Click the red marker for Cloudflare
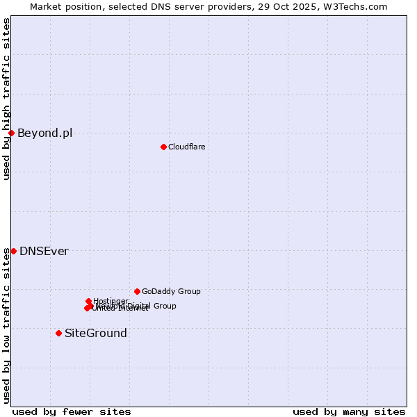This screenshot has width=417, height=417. point(163,147)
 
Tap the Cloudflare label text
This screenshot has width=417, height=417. point(186,147)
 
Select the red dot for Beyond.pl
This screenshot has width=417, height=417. point(11,133)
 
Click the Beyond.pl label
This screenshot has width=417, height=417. point(44,133)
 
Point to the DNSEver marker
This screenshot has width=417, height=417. point(13,251)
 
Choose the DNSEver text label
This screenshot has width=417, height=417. point(44,251)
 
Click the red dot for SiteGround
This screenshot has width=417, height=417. point(58,333)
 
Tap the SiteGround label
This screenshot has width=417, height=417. point(95,333)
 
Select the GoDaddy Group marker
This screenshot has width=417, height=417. point(137,291)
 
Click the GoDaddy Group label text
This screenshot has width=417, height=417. point(171,291)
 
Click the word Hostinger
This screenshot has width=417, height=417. point(111,301)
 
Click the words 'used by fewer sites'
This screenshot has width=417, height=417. point(72,411)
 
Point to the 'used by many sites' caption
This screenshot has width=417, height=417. point(348,411)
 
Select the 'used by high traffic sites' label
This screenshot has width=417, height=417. point(6,99)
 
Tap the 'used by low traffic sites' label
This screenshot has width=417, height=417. point(6,325)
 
